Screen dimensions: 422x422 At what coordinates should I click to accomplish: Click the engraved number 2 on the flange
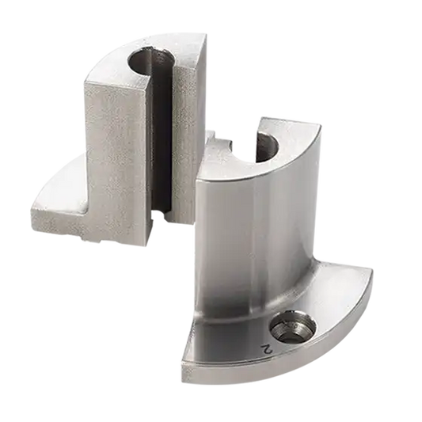pyautogui.click(x=267, y=348)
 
